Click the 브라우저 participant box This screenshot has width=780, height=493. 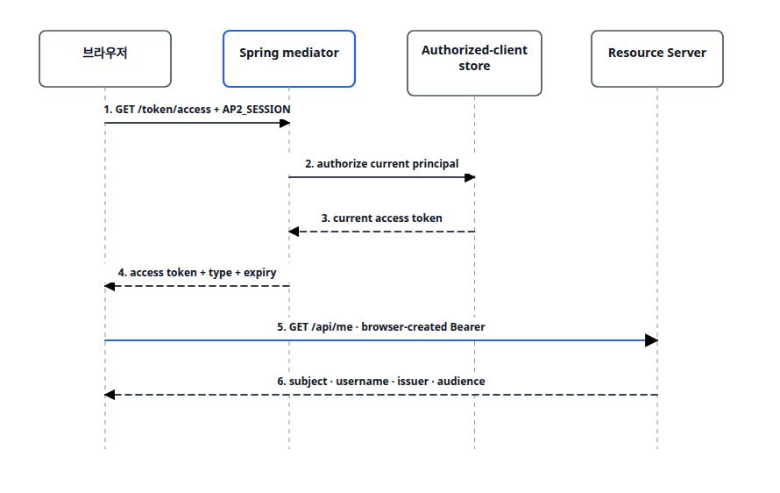(x=105, y=59)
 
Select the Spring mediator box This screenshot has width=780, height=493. (x=289, y=59)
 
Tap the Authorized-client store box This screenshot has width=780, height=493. (x=474, y=63)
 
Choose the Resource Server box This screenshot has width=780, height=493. (x=657, y=59)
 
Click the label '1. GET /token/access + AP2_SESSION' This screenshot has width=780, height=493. (x=197, y=110)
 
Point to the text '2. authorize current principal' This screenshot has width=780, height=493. (x=381, y=164)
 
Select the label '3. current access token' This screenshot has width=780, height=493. (x=381, y=218)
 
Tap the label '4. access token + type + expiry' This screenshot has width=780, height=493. (x=197, y=273)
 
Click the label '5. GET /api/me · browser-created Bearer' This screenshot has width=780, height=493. (x=381, y=327)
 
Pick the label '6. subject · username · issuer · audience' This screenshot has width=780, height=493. (x=381, y=382)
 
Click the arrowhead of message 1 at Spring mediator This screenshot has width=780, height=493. (x=285, y=123)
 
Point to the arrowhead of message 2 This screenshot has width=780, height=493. (x=470, y=177)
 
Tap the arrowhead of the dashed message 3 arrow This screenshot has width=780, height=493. (x=294, y=232)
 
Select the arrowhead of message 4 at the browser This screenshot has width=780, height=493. (x=110, y=286)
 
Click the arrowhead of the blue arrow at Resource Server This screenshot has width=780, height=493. (x=652, y=340)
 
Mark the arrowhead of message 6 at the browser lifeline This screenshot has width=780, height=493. (x=110, y=395)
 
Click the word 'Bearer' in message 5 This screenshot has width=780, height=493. (x=468, y=327)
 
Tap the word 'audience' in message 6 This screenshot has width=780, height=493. (x=461, y=382)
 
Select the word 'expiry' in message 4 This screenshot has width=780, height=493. (x=260, y=273)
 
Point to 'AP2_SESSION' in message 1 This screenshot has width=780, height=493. (x=256, y=110)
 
